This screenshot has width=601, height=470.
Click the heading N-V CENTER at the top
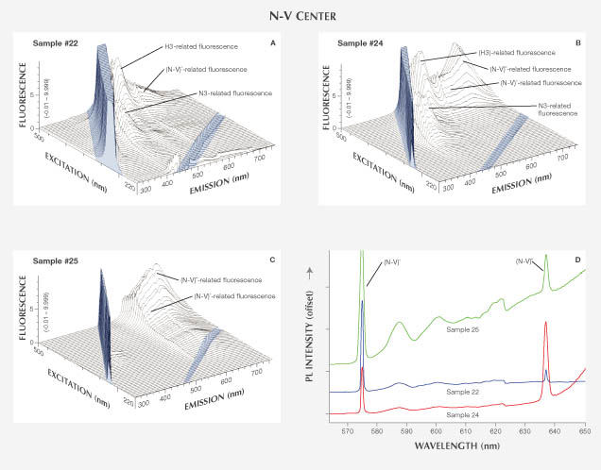(300, 15)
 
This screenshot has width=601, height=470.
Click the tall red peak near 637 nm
(545, 326)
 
